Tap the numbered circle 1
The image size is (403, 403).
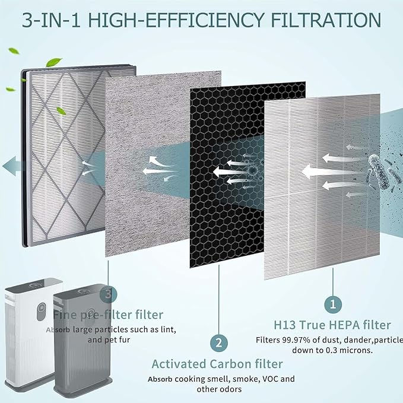click(333, 304)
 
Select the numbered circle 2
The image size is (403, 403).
click(219, 342)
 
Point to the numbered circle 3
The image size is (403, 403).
click(107, 293)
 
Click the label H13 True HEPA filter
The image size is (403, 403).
click(332, 325)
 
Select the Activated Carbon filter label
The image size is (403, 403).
click(217, 364)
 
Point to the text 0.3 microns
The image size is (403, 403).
click(344, 350)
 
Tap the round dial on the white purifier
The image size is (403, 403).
click(41, 310)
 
